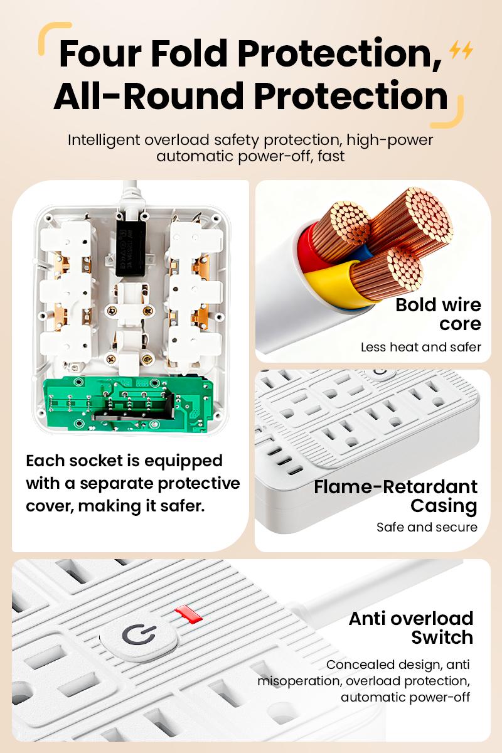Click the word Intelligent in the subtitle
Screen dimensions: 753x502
click(104, 139)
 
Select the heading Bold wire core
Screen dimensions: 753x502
click(438, 314)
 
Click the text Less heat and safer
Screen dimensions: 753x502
click(420, 347)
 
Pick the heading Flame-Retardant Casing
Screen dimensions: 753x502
click(395, 496)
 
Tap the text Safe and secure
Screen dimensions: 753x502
click(427, 527)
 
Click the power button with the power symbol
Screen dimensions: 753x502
click(137, 636)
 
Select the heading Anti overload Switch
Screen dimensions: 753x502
click(411, 627)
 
